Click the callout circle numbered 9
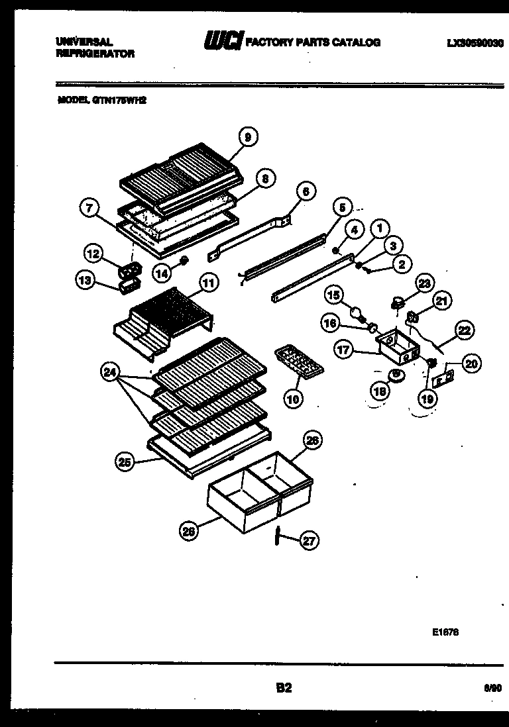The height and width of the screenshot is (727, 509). pos(247,138)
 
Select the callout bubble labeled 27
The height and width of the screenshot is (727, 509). pos(309,541)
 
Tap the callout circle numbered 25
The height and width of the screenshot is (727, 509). pos(124,463)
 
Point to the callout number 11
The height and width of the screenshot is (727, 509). pos(208,283)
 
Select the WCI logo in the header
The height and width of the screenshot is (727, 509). pos(224,42)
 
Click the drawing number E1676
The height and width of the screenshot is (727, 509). pos(445,632)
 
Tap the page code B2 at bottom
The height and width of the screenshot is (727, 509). pos(284,688)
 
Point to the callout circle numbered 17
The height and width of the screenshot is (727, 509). pos(343,350)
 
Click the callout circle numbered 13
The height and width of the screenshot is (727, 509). pos(85,280)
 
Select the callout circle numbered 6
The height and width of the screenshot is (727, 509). pos(304,192)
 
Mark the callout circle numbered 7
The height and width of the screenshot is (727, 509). pos(89,207)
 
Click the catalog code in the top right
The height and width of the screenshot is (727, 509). pos(475,42)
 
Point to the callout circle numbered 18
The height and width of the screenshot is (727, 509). pos(380,392)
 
